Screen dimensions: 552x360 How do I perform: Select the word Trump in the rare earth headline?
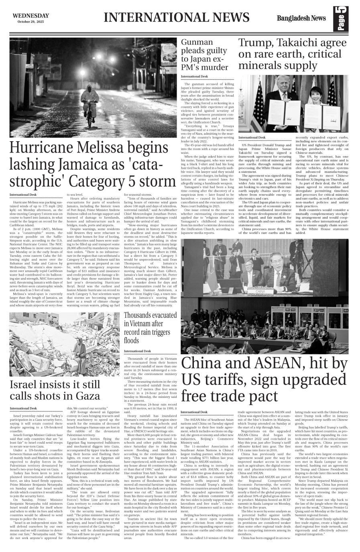(257, 43)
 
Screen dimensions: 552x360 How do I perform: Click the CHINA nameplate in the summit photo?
(260, 291)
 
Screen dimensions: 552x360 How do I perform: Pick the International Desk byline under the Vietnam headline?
(138, 351)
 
